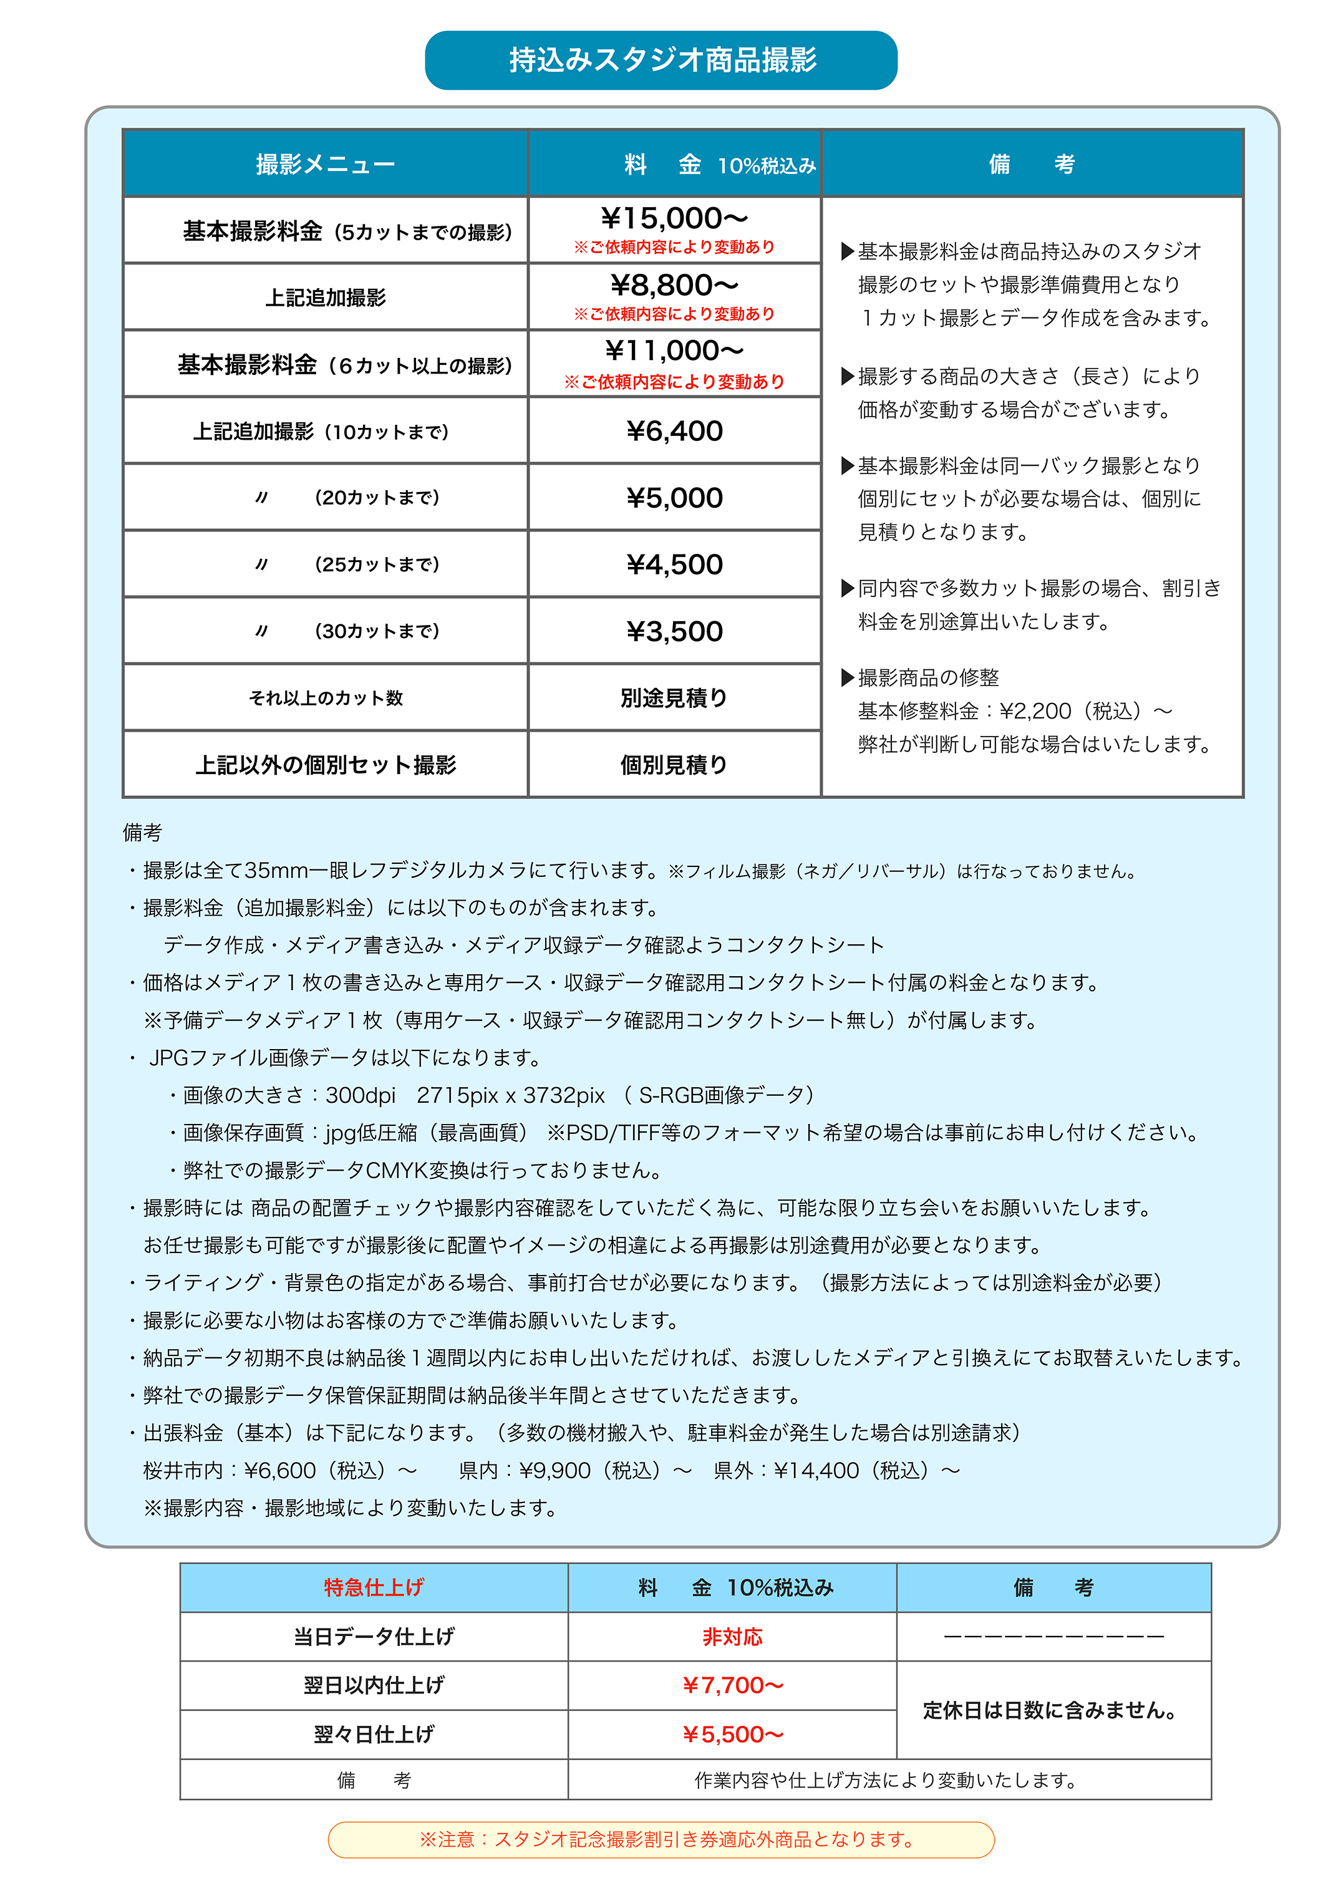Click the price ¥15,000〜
click(x=674, y=219)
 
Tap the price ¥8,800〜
click(x=674, y=286)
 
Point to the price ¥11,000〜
click(x=674, y=351)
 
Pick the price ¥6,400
click(x=674, y=431)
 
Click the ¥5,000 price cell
click(x=674, y=498)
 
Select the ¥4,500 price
click(x=674, y=564)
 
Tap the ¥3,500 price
click(x=674, y=632)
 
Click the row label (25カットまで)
click(x=377, y=564)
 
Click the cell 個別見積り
click(x=674, y=765)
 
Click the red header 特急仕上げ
click(x=373, y=1587)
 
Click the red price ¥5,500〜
click(x=732, y=1735)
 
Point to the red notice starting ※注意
click(x=666, y=1839)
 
